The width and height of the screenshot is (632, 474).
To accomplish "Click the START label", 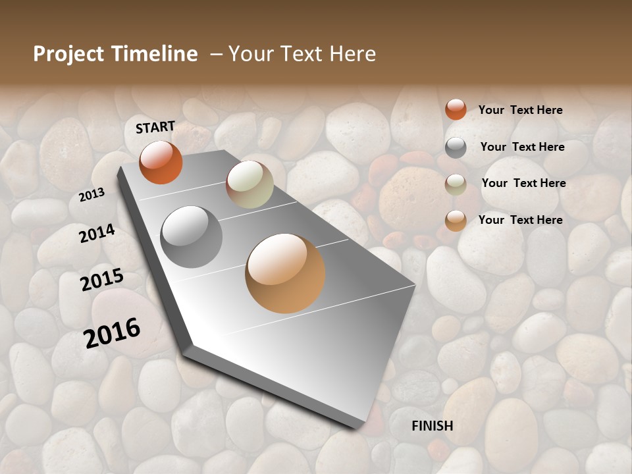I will pos(155,127).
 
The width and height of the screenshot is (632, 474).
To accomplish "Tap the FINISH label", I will pos(433,426).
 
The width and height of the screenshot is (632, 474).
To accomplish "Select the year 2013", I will pos(92,195).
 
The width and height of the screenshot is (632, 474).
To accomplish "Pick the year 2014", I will pos(97,233).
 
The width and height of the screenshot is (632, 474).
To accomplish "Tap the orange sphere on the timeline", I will pos(161,162).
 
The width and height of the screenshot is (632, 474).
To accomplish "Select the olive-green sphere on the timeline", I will pos(250,184).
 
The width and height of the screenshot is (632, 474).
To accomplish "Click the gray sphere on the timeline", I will pos(191,237).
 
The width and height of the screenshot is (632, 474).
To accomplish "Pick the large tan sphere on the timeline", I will pos(285,273).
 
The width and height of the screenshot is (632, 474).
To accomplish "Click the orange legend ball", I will pos(456,109).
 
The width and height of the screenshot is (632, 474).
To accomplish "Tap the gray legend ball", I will pos(456,147).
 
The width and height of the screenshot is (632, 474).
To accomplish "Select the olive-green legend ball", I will pos(456,184).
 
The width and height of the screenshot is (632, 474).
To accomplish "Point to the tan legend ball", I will pos(456,221).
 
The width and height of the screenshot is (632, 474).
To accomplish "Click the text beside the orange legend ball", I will pos(520,110).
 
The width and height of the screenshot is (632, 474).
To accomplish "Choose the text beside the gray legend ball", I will pos(522,147).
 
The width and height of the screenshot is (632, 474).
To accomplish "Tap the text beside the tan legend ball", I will pos(520,220).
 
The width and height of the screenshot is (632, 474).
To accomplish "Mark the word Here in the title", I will pos(352,54).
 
